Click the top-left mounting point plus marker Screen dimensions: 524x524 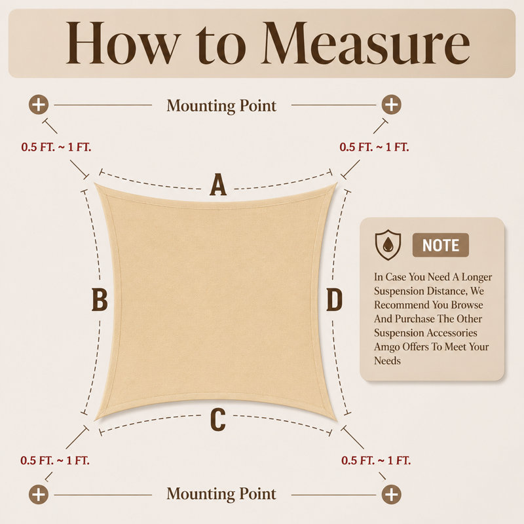click(39, 105)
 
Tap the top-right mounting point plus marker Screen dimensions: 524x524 click(391, 105)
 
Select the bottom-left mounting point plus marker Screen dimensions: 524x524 click(39, 495)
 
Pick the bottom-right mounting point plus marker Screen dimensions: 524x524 click(391, 495)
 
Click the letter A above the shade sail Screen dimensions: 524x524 click(218, 184)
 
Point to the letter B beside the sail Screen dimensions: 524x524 click(100, 299)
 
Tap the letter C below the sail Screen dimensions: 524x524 click(218, 420)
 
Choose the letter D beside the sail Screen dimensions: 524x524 click(334, 299)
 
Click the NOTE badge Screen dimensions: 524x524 click(440, 245)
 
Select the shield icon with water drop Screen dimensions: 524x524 click(388, 245)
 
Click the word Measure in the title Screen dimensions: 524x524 click(365, 43)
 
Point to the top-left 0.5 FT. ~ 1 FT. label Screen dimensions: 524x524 click(56, 147)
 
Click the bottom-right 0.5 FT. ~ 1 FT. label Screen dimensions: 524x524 click(376, 460)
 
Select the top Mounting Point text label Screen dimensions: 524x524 click(221, 106)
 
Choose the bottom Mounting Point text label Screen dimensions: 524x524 click(221, 494)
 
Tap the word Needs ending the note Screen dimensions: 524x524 click(387, 361)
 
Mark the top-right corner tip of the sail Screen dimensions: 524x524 click(337, 183)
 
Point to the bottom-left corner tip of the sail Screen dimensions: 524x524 click(95, 420)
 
